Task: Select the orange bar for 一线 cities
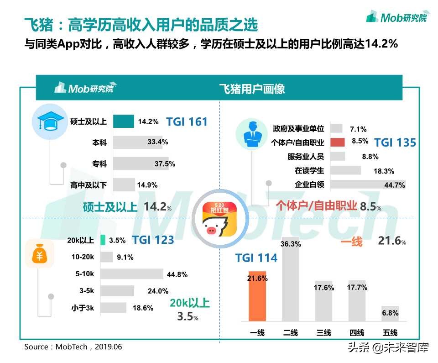257,296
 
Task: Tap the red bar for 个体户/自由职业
337,142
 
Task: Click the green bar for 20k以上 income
103,240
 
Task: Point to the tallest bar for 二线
291,280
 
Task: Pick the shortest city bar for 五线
390,314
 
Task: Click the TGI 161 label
187,122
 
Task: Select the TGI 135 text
395,142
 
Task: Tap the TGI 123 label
153,240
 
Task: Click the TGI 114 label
256,258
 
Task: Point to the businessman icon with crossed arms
250,134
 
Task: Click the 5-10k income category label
85,274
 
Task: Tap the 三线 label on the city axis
323,332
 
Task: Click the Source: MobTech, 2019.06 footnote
73,347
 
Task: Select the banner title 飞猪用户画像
252,89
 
